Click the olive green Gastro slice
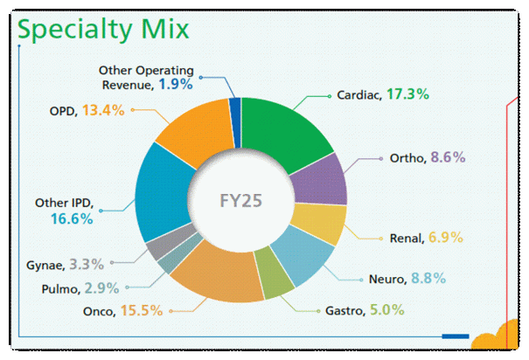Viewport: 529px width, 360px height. (276, 284)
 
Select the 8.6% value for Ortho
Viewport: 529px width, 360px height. (447, 158)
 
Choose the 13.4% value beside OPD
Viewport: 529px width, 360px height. (102, 110)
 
